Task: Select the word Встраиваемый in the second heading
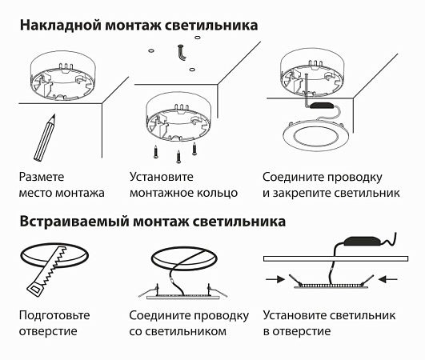71,222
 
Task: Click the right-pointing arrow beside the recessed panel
275,279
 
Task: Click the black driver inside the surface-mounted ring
323,105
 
